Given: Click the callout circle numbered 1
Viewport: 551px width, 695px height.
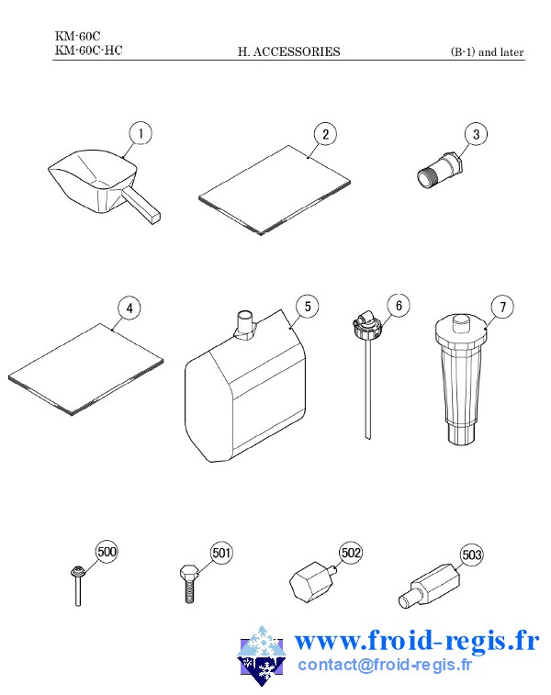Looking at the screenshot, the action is [141, 133].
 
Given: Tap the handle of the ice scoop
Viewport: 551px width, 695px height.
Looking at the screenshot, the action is [141, 206].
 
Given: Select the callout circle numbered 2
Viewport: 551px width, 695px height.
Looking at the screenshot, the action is [325, 134].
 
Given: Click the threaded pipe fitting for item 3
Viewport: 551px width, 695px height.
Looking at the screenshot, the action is [441, 170].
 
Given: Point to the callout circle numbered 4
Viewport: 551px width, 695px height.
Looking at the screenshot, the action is [129, 308].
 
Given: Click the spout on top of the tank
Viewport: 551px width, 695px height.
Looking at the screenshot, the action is [245, 325].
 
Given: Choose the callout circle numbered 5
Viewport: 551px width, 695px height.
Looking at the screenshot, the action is [308, 307].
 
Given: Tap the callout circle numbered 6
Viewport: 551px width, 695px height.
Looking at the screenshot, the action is [399, 306].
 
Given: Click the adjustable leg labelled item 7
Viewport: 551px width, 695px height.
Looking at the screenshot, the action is [461, 379].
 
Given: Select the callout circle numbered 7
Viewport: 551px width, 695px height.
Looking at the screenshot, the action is [502, 307].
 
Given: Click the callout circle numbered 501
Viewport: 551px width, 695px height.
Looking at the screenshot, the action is [221, 553].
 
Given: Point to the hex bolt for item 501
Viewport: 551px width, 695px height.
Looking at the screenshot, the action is [189, 584].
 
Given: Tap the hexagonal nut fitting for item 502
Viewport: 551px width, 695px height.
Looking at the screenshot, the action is [312, 582].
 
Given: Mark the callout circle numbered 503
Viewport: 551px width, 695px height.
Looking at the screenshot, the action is [471, 555].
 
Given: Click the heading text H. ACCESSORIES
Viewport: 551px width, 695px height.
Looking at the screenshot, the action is [289, 51].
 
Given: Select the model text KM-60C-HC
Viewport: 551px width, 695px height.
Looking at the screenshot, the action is [89, 50].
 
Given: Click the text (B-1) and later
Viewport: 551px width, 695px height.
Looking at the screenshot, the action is [487, 51].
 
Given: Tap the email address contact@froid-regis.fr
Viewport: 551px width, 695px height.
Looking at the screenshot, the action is [385, 665].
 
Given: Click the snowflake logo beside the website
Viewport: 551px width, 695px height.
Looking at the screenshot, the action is [262, 656].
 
